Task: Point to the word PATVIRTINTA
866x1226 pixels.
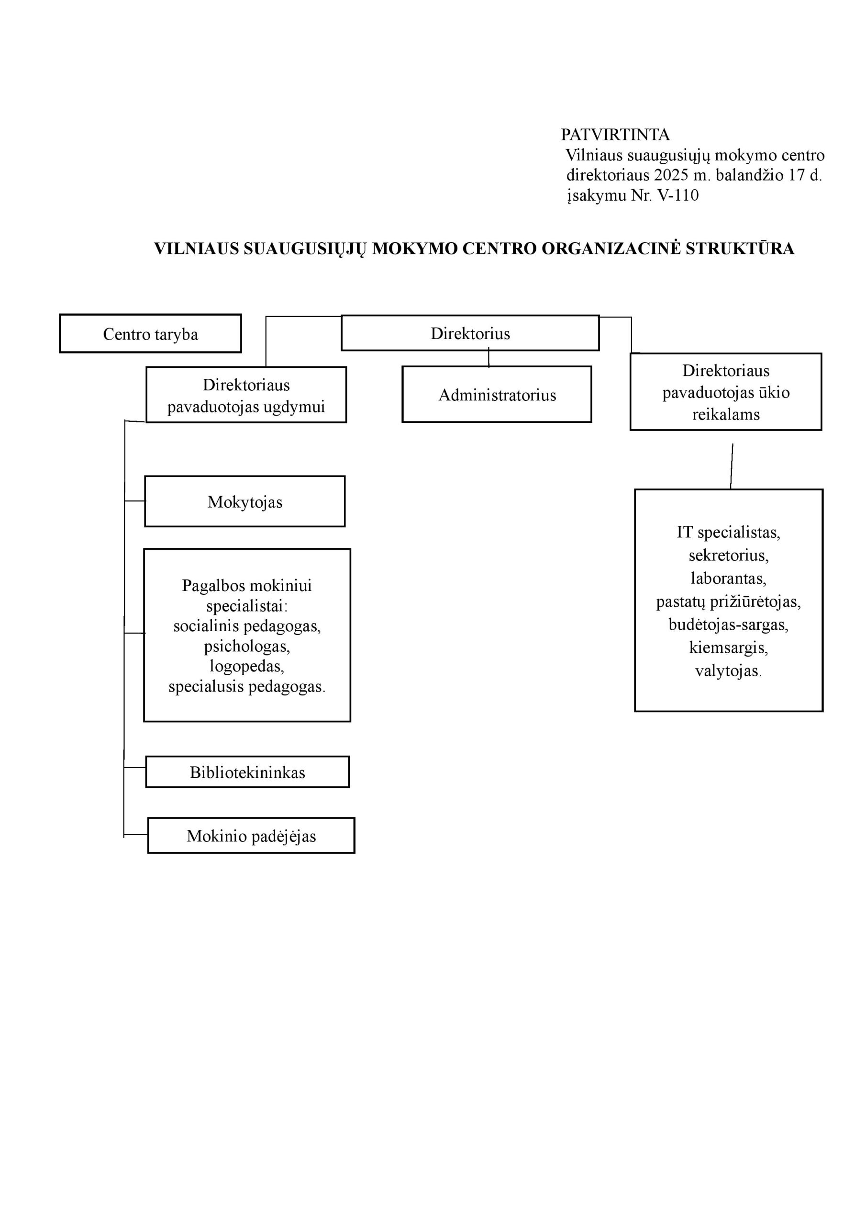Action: (x=615, y=135)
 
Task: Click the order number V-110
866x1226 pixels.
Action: (x=677, y=195)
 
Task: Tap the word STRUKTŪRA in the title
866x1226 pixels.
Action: (x=740, y=249)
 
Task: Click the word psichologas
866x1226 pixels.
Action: (x=247, y=647)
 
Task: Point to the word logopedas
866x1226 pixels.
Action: (x=247, y=666)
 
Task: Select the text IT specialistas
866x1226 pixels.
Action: (x=728, y=533)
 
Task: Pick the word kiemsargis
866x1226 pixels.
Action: (x=728, y=647)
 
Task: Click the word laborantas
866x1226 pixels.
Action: (x=728, y=579)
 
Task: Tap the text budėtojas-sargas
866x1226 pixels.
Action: (x=728, y=625)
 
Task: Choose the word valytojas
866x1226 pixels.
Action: (x=728, y=670)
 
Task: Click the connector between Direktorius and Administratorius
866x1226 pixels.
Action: (x=489, y=357)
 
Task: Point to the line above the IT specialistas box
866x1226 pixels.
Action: (x=732, y=466)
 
